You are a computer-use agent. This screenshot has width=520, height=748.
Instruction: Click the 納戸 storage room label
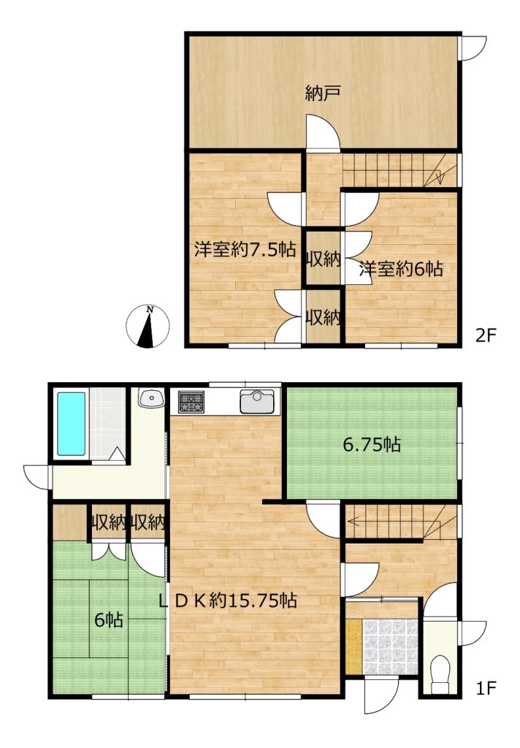point(323,93)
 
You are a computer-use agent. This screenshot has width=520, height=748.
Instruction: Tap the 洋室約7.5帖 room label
point(245,249)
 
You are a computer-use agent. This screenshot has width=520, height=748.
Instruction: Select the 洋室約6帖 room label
point(401,270)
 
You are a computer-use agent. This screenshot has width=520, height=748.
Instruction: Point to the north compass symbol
point(148,327)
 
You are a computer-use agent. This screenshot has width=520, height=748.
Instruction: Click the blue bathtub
point(72,424)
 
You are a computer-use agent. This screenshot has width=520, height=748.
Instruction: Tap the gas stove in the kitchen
point(191,402)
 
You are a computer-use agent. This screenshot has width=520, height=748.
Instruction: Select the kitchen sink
point(257,402)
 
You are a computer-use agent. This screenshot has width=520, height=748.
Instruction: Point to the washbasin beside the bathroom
point(151,397)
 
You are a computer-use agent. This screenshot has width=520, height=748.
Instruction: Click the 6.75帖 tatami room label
point(372,445)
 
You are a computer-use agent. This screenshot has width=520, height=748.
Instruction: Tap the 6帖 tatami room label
point(109,620)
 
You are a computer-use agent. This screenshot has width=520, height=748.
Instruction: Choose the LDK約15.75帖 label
point(228,600)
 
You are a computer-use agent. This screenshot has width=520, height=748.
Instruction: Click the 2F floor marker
point(486,336)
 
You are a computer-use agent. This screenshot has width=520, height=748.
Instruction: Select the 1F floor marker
point(486,688)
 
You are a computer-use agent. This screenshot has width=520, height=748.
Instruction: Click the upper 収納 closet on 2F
point(323,259)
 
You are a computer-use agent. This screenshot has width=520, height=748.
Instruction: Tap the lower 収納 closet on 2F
point(323,317)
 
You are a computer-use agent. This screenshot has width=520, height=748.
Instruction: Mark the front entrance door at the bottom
point(381,695)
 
